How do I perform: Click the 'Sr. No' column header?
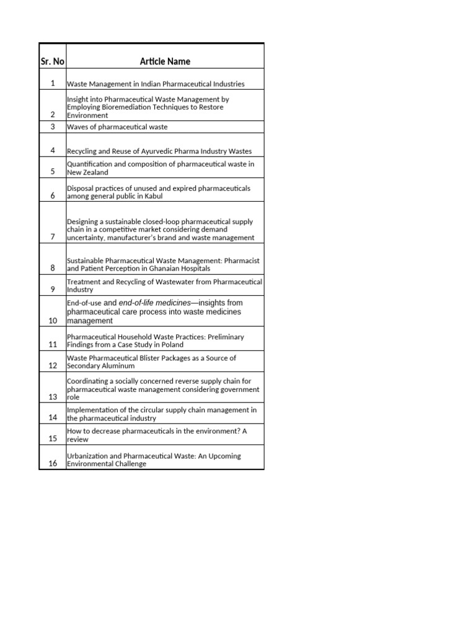[x=52, y=61]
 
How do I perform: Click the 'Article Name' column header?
[x=165, y=61]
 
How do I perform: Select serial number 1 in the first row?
[x=53, y=83]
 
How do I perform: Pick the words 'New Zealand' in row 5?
[x=87, y=172]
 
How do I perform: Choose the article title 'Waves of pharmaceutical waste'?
[x=117, y=127]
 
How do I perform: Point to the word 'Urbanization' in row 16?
[x=88, y=456]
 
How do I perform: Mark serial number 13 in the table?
[x=53, y=397]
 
